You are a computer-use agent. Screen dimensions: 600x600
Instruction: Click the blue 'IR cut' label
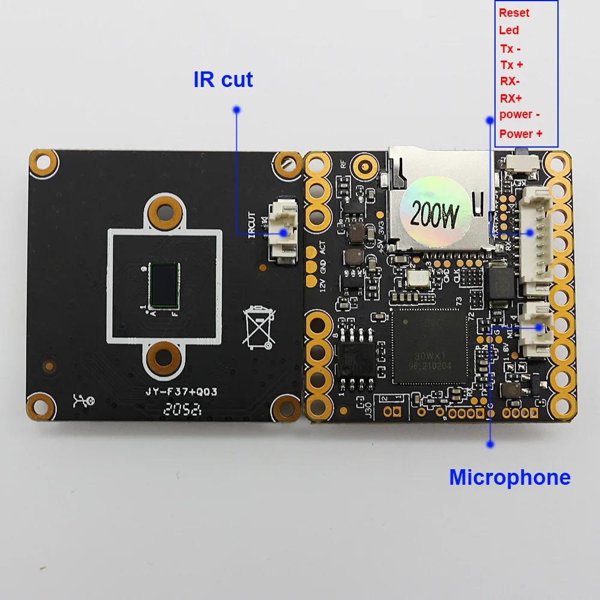point(223,79)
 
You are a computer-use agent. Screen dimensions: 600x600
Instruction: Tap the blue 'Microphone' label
point(509,477)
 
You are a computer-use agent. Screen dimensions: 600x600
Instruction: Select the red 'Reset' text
point(514,13)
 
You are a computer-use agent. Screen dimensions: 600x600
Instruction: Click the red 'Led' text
point(509,30)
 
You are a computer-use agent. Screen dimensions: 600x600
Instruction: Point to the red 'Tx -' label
point(511,49)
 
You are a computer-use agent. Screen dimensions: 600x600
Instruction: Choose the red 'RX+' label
point(511,98)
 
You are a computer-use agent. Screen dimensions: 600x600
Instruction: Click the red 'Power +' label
point(521,134)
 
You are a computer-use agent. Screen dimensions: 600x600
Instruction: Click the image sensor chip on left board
point(163,283)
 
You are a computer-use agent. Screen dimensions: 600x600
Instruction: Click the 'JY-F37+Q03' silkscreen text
point(181,392)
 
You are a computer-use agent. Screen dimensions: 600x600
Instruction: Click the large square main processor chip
point(428,346)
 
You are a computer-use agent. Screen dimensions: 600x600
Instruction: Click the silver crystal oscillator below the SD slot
point(418,277)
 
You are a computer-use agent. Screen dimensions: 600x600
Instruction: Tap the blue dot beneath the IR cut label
point(236,110)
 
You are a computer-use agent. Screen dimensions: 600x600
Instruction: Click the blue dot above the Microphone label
point(491,445)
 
